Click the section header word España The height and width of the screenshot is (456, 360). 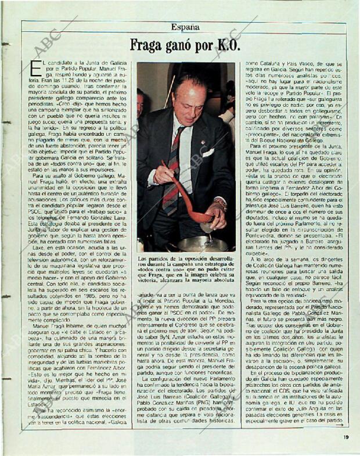click(x=185, y=27)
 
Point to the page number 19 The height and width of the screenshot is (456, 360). click(x=346, y=437)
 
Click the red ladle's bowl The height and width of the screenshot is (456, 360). click(x=203, y=218)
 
